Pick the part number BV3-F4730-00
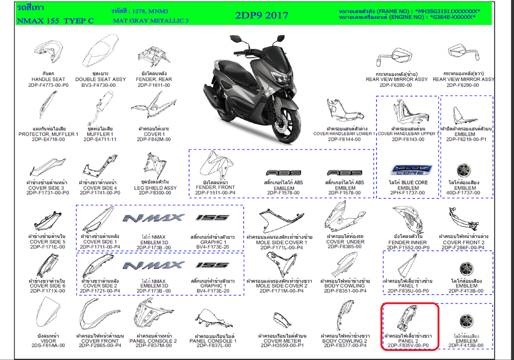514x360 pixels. [x=101, y=85]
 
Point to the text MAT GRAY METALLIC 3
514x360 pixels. [x=151, y=21]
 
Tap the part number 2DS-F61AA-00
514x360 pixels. [x=47, y=346]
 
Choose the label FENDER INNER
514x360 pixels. [x=408, y=242]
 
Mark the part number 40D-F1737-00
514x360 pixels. [x=466, y=193]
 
